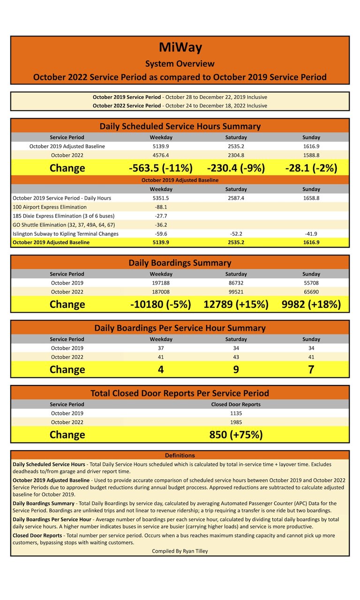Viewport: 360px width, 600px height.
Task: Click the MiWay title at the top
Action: click(180, 48)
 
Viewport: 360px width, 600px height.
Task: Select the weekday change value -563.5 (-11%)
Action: click(161, 168)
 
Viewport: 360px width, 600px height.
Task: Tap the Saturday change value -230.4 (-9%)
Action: click(236, 168)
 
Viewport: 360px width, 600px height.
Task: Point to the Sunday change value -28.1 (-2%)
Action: click(311, 168)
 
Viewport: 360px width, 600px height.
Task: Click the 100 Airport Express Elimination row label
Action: click(50, 207)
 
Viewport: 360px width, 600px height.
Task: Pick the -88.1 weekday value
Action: click(161, 207)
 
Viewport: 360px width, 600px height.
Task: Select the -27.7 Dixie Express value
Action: click(161, 216)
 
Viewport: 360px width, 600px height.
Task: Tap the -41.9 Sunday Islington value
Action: click(311, 233)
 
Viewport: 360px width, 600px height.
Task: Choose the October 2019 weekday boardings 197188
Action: click(161, 283)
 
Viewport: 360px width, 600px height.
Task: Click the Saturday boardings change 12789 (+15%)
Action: click(236, 304)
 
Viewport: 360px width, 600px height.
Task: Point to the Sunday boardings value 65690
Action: click(311, 292)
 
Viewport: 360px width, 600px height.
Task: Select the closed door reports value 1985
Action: click(236, 422)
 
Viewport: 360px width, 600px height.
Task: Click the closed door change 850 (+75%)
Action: click(236, 435)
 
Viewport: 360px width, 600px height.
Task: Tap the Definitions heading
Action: click(180, 455)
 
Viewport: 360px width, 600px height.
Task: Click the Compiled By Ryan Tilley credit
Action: click(180, 551)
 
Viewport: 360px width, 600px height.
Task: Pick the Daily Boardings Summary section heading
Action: click(180, 263)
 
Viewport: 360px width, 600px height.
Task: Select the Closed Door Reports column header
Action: click(236, 404)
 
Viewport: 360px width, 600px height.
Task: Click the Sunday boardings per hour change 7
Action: click(311, 369)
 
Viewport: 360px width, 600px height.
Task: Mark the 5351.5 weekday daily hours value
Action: click(161, 198)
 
